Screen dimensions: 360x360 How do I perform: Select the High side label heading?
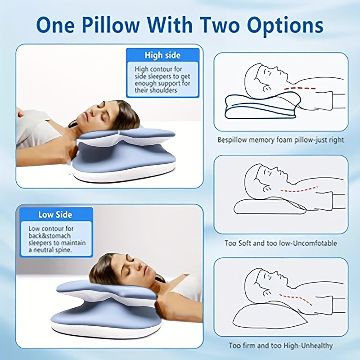coord(162,55)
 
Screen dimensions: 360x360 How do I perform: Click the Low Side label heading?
coord(55,215)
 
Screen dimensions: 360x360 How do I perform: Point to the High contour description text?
coord(162,80)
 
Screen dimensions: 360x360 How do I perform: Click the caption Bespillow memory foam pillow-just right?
coord(281,140)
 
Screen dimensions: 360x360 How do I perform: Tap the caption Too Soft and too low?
coord(281,243)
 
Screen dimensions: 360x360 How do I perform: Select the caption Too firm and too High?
coord(281,346)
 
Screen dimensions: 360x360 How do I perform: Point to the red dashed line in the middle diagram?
coord(299,190)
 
